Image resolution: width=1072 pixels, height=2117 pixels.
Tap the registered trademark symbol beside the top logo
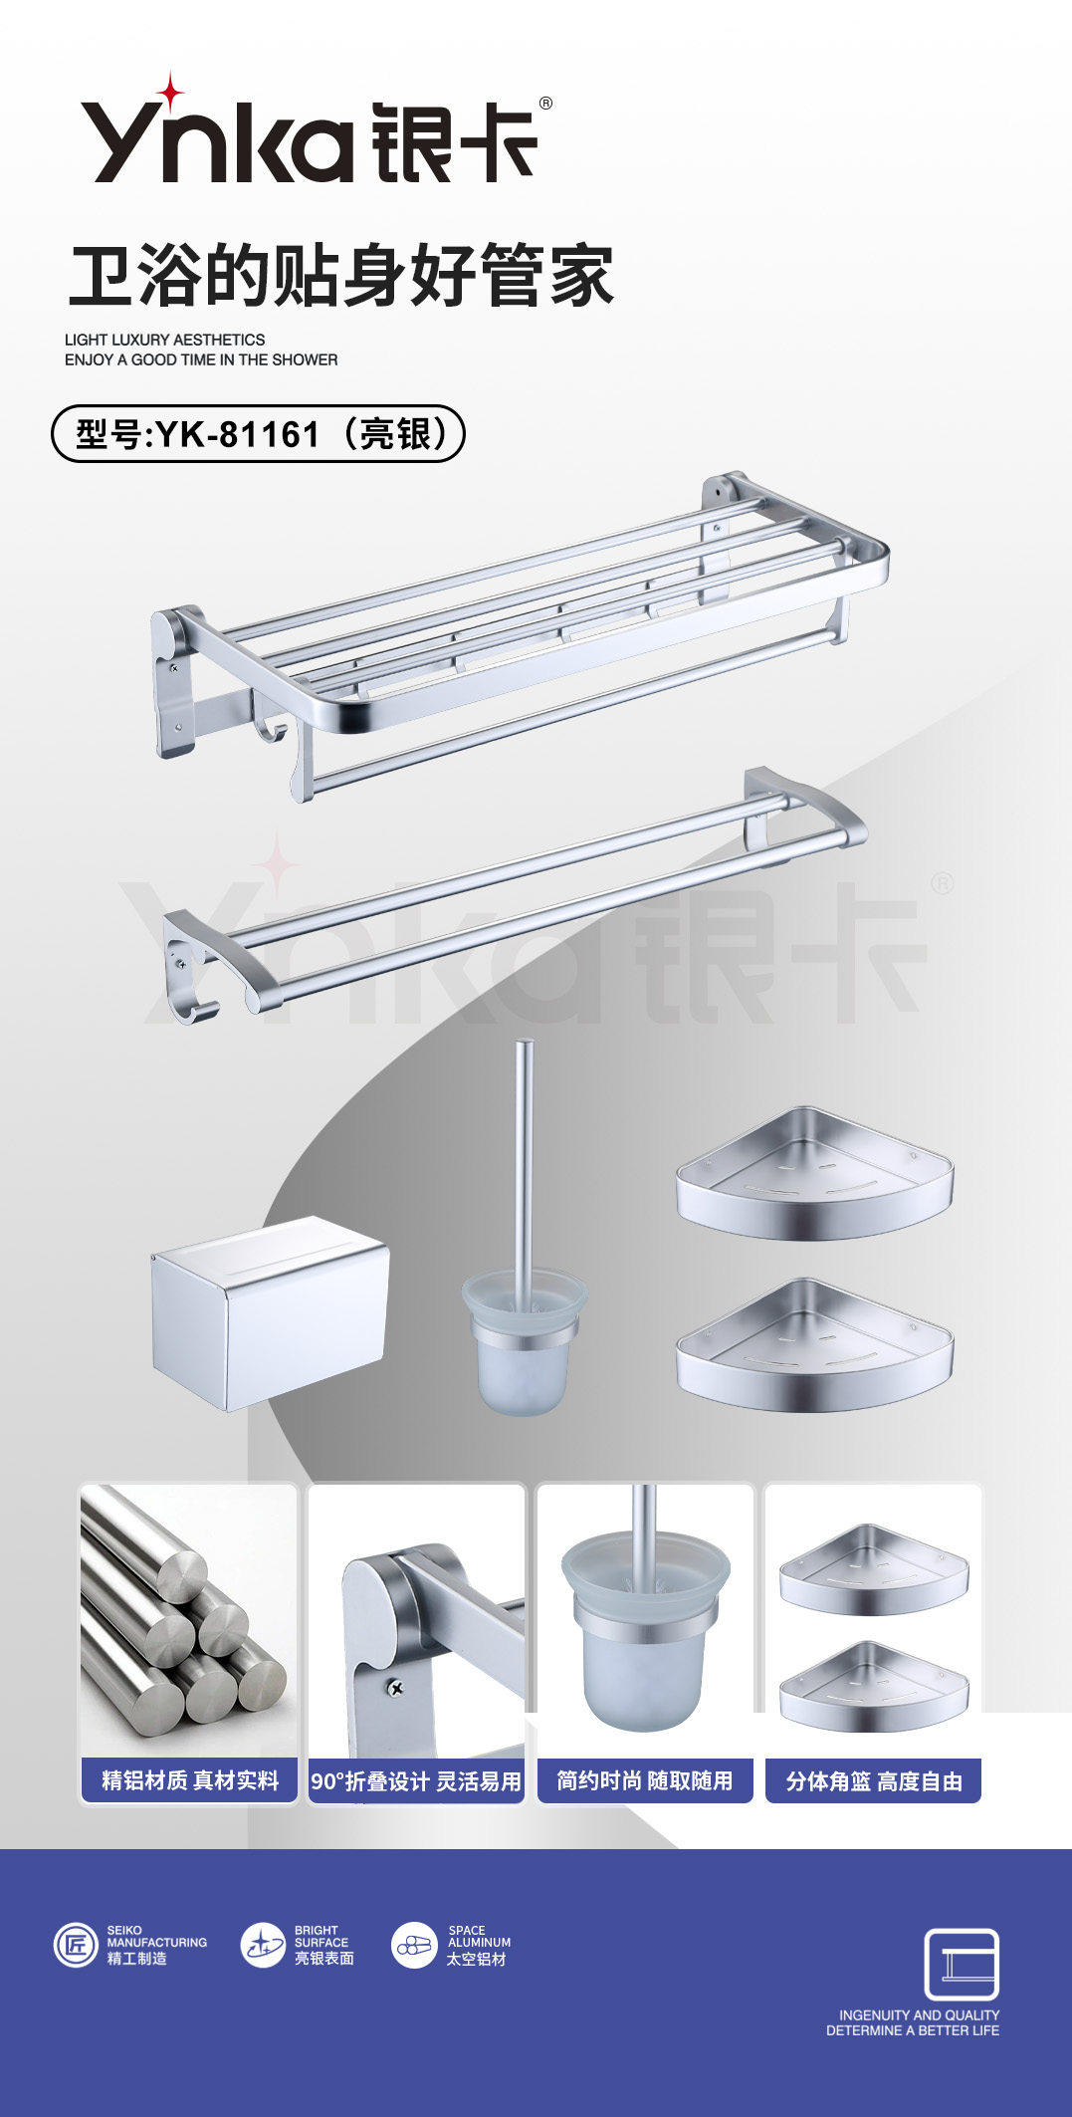[x=545, y=104]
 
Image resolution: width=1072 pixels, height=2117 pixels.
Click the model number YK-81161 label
[x=258, y=434]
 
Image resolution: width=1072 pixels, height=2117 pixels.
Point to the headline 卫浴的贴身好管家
[x=341, y=275]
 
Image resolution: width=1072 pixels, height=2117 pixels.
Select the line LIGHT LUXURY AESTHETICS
[x=165, y=340]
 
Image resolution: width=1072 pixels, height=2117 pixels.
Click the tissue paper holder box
[x=270, y=1312]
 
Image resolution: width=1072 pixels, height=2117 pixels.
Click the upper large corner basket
[x=814, y=1174]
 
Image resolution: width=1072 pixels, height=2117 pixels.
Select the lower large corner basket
[x=814, y=1346]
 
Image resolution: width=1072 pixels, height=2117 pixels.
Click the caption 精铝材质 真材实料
[x=190, y=1780]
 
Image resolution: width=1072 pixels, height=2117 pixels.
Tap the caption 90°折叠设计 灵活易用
[x=416, y=1781]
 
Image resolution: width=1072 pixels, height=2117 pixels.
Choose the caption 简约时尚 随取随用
[x=645, y=1780]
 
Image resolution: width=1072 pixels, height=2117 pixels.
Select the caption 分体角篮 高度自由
[x=874, y=1781]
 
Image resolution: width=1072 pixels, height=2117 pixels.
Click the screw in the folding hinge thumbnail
[x=395, y=1688]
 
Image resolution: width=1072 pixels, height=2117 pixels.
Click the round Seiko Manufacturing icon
[x=76, y=1945]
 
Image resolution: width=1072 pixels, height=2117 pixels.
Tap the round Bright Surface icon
[x=264, y=1945]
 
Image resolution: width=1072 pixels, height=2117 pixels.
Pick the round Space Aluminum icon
[x=415, y=1945]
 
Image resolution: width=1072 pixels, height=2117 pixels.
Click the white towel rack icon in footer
[x=962, y=1964]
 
